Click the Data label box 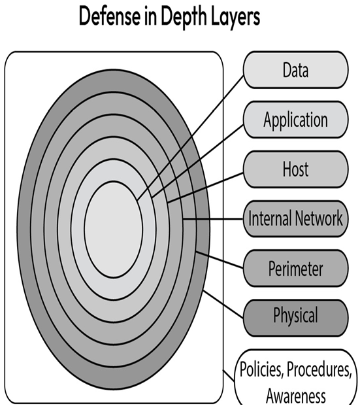pyautogui.click(x=296, y=70)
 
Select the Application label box pyautogui.click(x=296, y=120)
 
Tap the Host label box pyautogui.click(x=296, y=169)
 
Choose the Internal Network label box pyautogui.click(x=296, y=218)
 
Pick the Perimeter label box pyautogui.click(x=296, y=268)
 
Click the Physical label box pyautogui.click(x=296, y=318)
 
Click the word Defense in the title pyautogui.click(x=109, y=16)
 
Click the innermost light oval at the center pyautogui.click(x=114, y=229)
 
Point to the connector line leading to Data pyautogui.click(x=190, y=138)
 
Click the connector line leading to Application pyautogui.click(x=197, y=161)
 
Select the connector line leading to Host pyautogui.click(x=205, y=188)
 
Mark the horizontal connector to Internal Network pyautogui.click(x=213, y=219)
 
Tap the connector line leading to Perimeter pyautogui.click(x=220, y=260)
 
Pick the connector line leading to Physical pyautogui.click(x=223, y=304)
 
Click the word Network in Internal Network pyautogui.click(x=319, y=218)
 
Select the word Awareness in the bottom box pyautogui.click(x=296, y=396)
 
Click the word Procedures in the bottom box pyautogui.click(x=319, y=369)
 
